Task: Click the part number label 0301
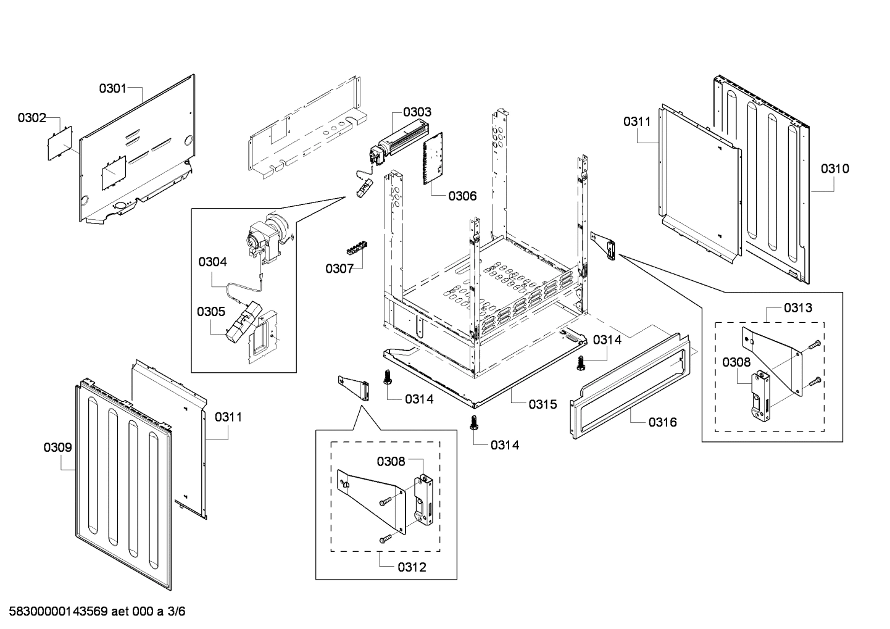click(112, 88)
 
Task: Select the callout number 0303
click(417, 112)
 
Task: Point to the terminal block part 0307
click(357, 249)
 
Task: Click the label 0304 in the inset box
click(212, 262)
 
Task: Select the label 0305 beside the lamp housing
click(211, 312)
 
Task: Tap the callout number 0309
click(57, 448)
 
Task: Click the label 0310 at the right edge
click(834, 169)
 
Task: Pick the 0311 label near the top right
click(637, 122)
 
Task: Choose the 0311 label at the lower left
click(228, 417)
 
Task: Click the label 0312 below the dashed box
click(412, 567)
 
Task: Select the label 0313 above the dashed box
click(798, 307)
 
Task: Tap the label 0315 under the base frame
click(543, 404)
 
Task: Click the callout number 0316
click(662, 422)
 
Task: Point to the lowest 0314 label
click(505, 445)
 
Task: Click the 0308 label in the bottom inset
click(391, 461)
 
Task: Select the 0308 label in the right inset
click(736, 362)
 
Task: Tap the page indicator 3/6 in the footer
click(177, 612)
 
